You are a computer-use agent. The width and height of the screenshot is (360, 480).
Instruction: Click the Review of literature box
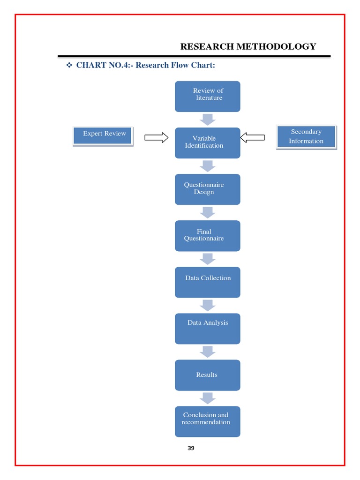[x=207, y=97]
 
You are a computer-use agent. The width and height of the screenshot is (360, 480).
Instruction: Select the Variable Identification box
[x=207, y=142]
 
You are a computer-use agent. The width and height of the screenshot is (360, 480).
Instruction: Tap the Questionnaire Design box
[x=207, y=189]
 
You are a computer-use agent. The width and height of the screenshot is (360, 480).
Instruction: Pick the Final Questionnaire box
[x=207, y=235]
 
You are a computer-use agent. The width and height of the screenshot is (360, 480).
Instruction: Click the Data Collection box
[x=207, y=282]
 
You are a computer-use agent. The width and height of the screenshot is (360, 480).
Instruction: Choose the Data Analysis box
[x=207, y=328]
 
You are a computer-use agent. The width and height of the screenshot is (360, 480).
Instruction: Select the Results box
[x=207, y=375]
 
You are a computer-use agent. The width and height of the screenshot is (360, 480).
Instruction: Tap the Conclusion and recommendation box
[x=207, y=421]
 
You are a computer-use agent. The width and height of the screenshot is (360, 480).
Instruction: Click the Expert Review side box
[x=103, y=136]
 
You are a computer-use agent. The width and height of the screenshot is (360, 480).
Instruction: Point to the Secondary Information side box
[x=306, y=136]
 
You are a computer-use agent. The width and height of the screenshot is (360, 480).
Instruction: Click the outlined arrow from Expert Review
[x=156, y=137]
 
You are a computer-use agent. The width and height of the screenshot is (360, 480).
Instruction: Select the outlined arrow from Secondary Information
[x=252, y=137]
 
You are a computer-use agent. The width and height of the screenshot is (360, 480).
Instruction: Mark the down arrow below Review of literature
[x=207, y=120]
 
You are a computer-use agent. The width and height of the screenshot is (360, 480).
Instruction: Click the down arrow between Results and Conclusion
[x=207, y=398]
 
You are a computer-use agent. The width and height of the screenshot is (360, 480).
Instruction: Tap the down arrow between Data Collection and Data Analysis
[x=207, y=305]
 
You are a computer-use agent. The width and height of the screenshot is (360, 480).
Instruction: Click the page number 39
[x=191, y=448]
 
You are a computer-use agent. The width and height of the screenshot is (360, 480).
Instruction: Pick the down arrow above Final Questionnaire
[x=207, y=212]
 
